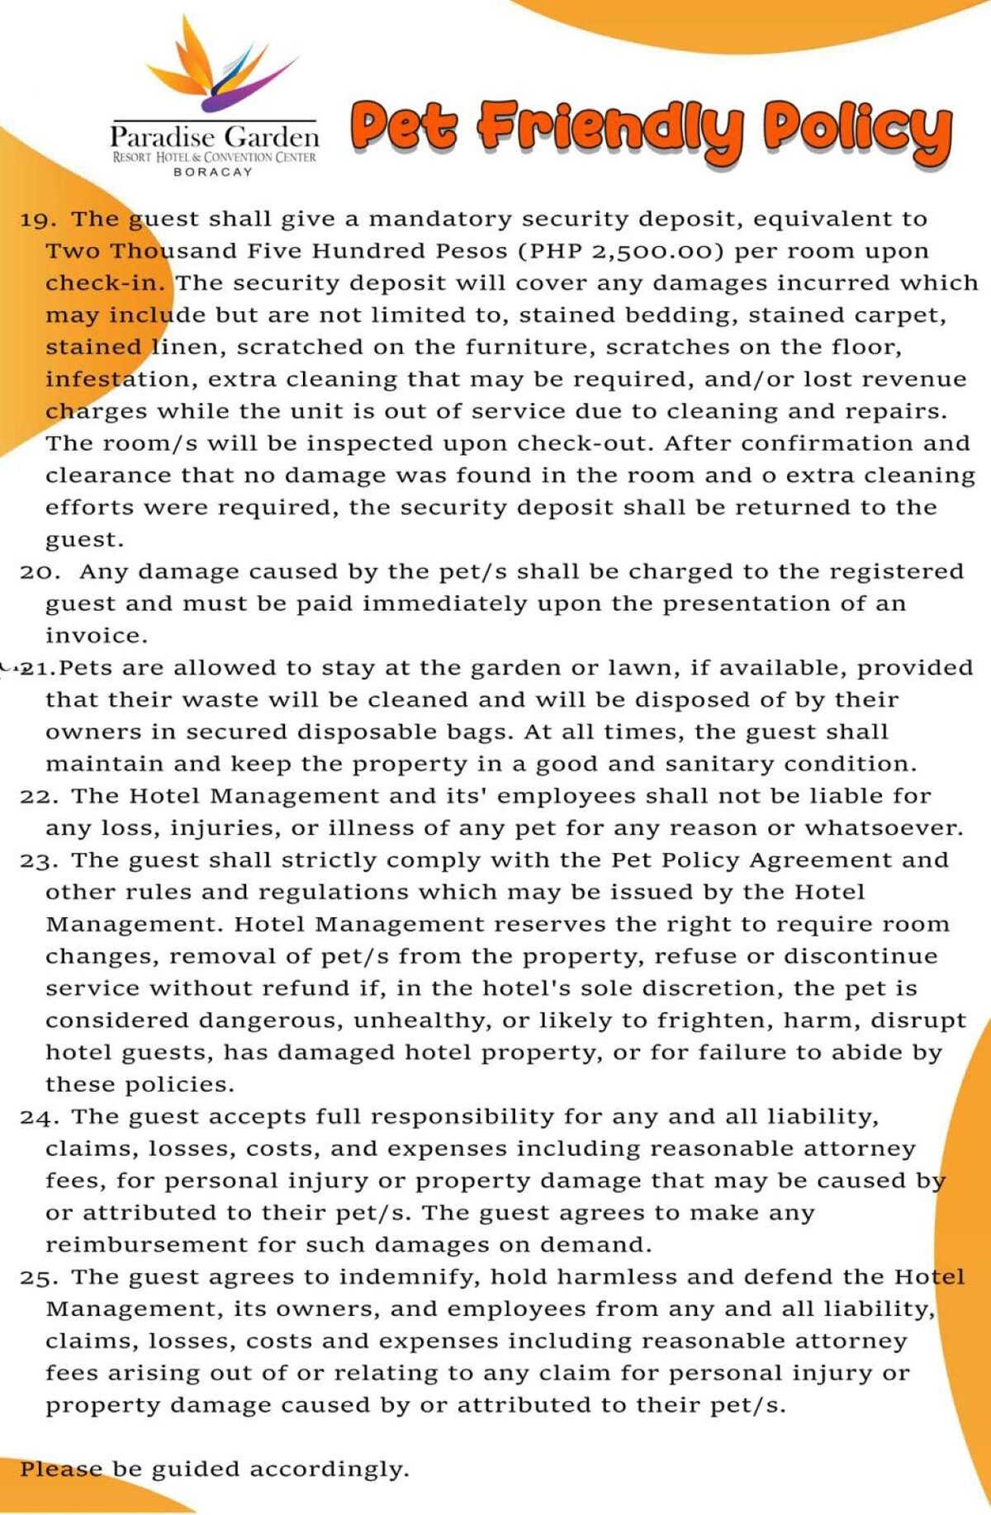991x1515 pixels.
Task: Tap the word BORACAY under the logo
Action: click(x=212, y=173)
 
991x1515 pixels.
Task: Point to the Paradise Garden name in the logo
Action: click(x=214, y=137)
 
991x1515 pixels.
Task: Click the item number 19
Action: click(x=38, y=220)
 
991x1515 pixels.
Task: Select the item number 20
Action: click(x=38, y=572)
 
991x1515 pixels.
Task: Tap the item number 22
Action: click(x=38, y=797)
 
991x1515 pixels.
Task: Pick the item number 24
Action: click(x=38, y=1117)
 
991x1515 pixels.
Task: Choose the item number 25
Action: click(x=38, y=1277)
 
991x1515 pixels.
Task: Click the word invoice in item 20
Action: click(x=96, y=636)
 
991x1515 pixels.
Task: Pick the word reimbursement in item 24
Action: click(x=145, y=1244)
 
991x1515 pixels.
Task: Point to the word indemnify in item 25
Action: click(x=408, y=1277)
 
